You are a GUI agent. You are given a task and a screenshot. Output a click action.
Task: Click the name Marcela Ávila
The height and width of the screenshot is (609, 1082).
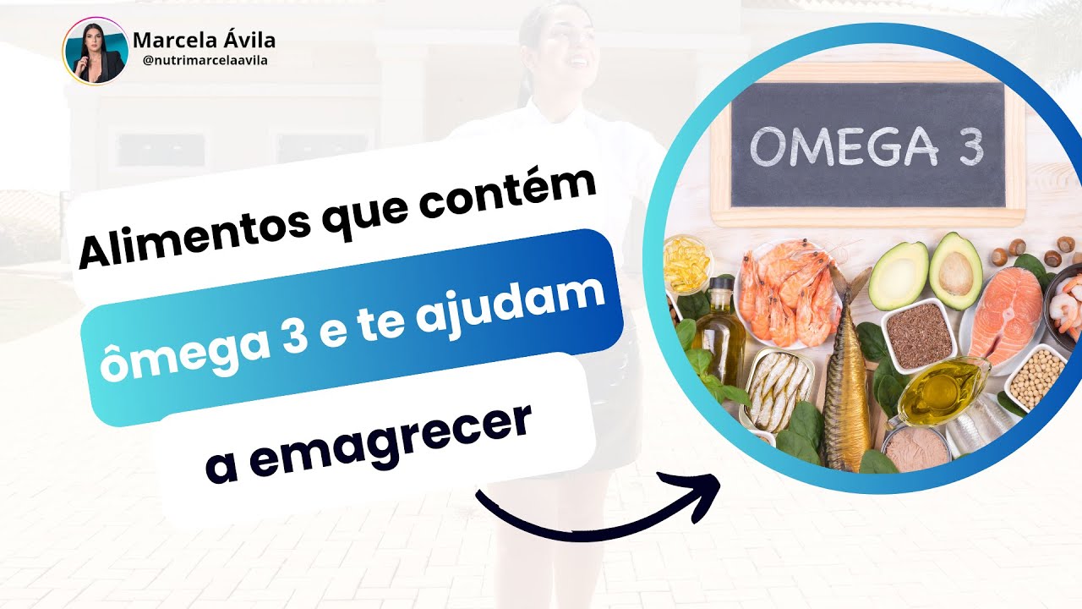pyautogui.click(x=204, y=40)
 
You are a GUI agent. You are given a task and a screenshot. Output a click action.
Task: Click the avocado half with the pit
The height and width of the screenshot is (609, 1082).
pyautogui.click(x=956, y=271)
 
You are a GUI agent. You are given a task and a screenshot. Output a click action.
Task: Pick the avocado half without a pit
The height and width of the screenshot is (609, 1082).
pyautogui.click(x=899, y=275)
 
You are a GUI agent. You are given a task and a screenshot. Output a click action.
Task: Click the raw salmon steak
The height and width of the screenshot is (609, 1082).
pyautogui.click(x=1006, y=313)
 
